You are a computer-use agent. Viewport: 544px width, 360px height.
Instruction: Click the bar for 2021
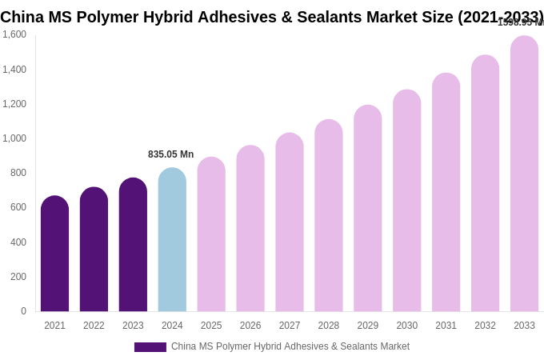[54, 254]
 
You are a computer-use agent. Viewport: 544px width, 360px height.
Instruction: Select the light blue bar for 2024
[172, 240]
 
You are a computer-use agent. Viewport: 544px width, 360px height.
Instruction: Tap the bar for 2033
[524, 174]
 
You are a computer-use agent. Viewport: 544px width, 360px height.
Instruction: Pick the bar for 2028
[329, 216]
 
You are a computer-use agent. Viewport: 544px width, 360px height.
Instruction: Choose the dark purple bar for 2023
[133, 245]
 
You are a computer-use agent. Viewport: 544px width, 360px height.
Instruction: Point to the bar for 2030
[406, 201]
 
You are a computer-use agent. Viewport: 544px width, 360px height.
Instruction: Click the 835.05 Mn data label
[170, 154]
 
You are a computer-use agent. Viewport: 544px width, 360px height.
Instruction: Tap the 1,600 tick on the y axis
[14, 34]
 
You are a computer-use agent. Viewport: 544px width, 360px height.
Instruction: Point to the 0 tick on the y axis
[23, 311]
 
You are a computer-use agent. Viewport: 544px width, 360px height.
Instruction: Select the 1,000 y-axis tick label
[14, 138]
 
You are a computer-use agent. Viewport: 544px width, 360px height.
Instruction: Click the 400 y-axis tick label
[18, 242]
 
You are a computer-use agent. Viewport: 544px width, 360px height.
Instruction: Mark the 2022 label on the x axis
[94, 326]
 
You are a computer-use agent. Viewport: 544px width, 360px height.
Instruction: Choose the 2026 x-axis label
[250, 326]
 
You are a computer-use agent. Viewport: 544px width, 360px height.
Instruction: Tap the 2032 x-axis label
[485, 326]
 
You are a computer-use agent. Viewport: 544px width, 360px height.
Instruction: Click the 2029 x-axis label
[368, 326]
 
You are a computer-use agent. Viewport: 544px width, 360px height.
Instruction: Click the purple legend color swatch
[150, 347]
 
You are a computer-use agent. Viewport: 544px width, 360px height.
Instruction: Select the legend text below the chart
[290, 346]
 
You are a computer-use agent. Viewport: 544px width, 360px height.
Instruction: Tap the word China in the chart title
[23, 17]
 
